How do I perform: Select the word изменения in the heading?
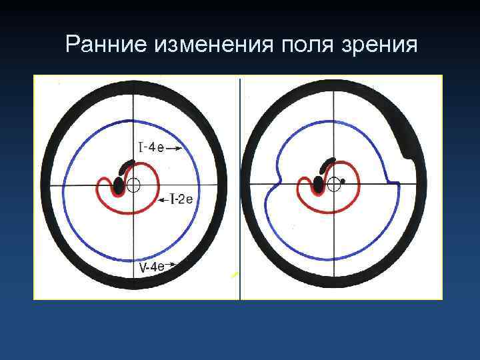[208, 45]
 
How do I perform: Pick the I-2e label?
[181, 199]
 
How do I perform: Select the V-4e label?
[151, 267]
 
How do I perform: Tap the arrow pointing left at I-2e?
[163, 199]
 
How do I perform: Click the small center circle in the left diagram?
[133, 185]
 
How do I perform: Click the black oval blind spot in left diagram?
[119, 185]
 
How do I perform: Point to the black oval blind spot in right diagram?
[319, 183]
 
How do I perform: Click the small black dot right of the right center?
[343, 181]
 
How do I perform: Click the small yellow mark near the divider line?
[234, 274]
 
